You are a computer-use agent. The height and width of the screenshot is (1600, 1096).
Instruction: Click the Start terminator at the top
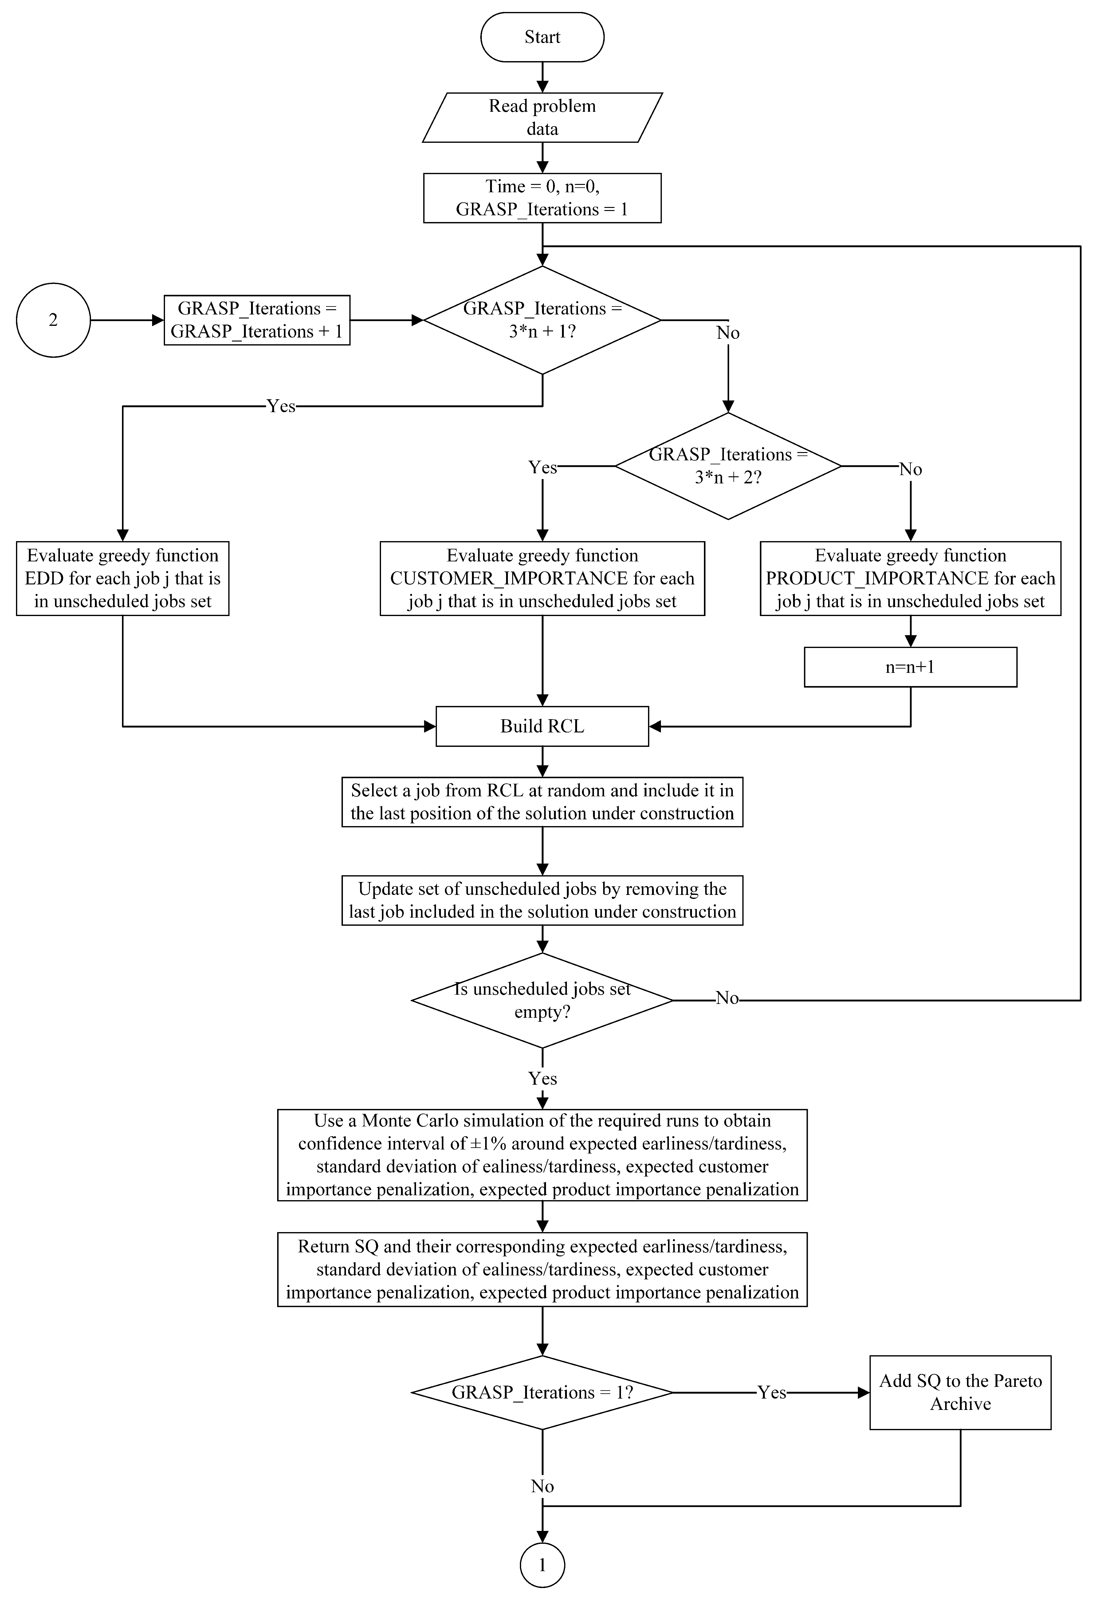(542, 37)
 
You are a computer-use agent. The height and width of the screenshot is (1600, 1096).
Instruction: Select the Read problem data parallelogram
(542, 118)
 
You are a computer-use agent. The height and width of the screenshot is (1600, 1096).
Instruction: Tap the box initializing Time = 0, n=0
(542, 198)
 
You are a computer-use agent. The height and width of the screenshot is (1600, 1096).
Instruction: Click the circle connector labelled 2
(53, 320)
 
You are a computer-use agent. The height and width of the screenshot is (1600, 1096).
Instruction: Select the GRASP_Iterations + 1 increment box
(257, 320)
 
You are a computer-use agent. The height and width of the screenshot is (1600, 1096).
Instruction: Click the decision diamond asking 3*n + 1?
(542, 320)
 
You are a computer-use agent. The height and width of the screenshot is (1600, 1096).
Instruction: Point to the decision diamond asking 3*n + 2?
(728, 466)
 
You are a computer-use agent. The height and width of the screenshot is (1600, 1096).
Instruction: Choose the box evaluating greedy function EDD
(123, 578)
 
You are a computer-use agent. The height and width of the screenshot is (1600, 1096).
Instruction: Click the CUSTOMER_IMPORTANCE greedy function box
(542, 578)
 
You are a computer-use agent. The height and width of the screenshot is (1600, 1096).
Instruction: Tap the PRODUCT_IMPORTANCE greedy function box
(910, 578)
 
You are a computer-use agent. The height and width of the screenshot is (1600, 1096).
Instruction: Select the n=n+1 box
(910, 667)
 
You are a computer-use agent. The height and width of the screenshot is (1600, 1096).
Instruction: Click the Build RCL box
(542, 726)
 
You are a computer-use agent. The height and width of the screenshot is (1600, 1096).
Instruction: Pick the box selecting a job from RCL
(542, 802)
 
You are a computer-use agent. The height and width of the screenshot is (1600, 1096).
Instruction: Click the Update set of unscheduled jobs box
(542, 900)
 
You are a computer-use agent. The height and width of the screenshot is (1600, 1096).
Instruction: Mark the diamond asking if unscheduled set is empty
(542, 1000)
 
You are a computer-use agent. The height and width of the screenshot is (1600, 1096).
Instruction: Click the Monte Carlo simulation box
(542, 1155)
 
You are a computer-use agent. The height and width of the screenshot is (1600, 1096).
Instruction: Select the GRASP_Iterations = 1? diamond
(542, 1393)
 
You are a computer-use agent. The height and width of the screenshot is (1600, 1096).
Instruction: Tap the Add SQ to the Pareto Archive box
(960, 1393)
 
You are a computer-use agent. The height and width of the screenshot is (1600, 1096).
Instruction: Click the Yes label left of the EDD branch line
(281, 406)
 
